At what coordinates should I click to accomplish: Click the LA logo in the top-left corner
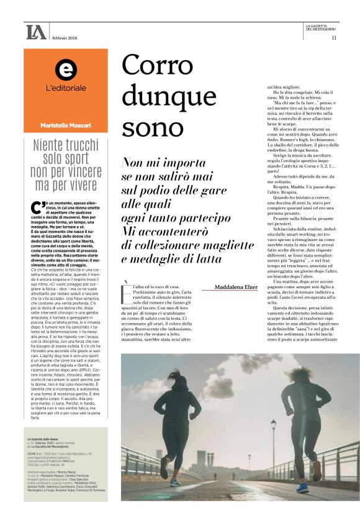click(36, 32)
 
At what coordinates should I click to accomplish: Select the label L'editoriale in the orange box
click(66, 88)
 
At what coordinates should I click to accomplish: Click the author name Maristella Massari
click(66, 125)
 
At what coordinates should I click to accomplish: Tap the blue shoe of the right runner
click(302, 488)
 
